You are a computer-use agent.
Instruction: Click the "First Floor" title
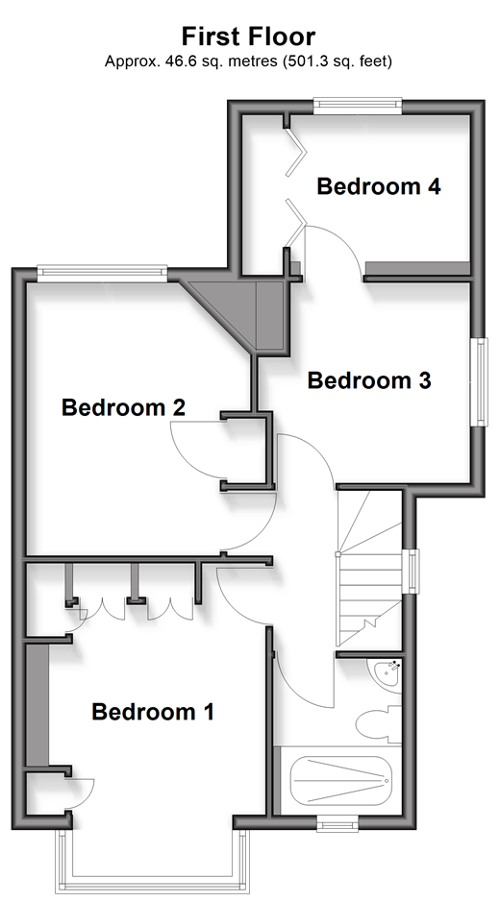click(248, 37)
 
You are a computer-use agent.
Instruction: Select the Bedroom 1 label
click(153, 712)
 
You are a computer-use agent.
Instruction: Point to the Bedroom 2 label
click(123, 407)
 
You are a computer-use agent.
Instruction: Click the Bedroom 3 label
click(369, 380)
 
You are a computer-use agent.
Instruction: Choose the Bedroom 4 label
click(379, 186)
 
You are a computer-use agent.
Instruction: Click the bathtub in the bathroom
click(341, 781)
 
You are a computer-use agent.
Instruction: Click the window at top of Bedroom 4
click(357, 104)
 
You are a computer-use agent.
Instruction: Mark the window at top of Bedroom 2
click(102, 273)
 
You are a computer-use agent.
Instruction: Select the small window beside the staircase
click(412, 572)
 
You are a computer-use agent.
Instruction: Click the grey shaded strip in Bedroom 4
click(416, 269)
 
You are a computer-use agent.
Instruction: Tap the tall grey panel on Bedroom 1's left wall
click(37, 704)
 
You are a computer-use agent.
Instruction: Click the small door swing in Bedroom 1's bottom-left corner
click(82, 793)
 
